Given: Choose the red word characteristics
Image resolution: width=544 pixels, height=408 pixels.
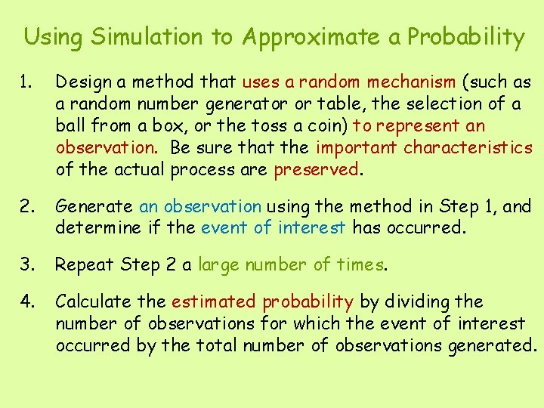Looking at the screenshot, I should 468,147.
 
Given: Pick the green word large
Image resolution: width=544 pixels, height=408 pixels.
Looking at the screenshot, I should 218,265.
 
